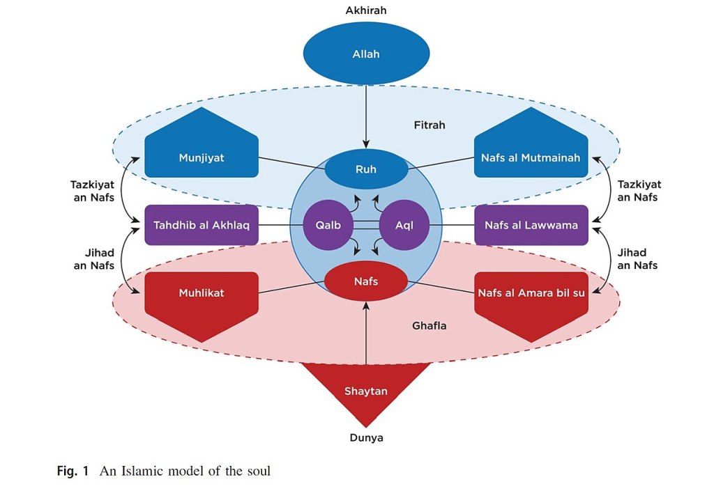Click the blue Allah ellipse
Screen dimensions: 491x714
(x=366, y=54)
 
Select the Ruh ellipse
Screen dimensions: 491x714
(x=366, y=169)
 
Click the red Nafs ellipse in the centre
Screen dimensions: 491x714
(x=366, y=281)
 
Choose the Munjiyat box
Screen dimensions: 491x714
(x=202, y=155)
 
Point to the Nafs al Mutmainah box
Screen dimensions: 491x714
(x=531, y=155)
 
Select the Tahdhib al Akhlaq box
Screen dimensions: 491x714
(x=202, y=225)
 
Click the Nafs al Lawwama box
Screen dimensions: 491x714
(x=531, y=225)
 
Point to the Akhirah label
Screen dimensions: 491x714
(x=366, y=10)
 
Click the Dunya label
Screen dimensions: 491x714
(x=366, y=438)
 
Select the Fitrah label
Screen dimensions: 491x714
(x=429, y=125)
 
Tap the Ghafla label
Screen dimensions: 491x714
(x=429, y=325)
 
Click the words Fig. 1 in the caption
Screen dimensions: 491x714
(x=73, y=471)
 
